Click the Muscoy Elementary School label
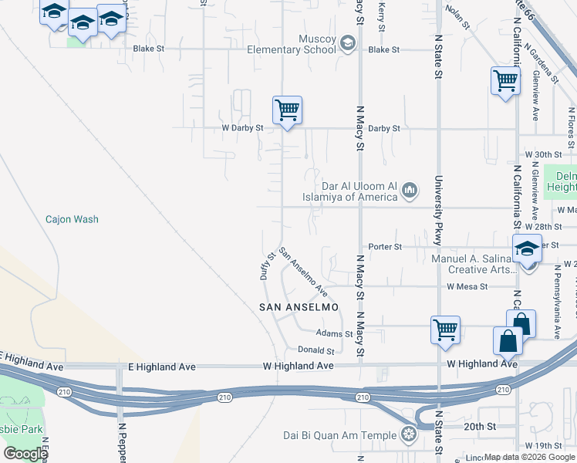pyautogui.click(x=291, y=44)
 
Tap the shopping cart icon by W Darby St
pyautogui.click(x=287, y=110)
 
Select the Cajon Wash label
pyautogui.click(x=72, y=219)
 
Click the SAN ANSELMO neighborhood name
pyautogui.click(x=299, y=307)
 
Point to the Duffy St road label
pyautogui.click(x=267, y=266)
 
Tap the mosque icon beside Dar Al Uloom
pyautogui.click(x=410, y=190)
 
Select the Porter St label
pyautogui.click(x=386, y=246)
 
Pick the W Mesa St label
pyautogui.click(x=467, y=286)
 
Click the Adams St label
pyautogui.click(x=334, y=333)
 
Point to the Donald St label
pyautogui.click(x=316, y=350)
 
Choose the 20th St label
pyautogui.click(x=479, y=426)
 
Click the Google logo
pyautogui.click(x=26, y=453)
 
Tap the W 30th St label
pyautogui.click(x=541, y=154)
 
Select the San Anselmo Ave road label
pyautogui.click(x=303, y=272)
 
